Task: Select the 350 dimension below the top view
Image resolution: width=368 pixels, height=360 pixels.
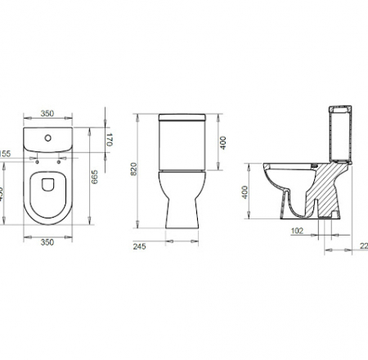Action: point(47,243)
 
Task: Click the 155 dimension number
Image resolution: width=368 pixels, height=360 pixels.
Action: point(5,154)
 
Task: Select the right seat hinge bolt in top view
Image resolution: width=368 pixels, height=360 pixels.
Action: point(57,160)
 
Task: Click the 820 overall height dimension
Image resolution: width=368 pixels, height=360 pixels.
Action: point(144,171)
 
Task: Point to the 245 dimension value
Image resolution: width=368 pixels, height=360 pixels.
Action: point(140,246)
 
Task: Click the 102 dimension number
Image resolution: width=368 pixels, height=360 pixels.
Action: point(298,232)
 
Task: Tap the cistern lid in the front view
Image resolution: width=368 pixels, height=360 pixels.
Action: point(178,119)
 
